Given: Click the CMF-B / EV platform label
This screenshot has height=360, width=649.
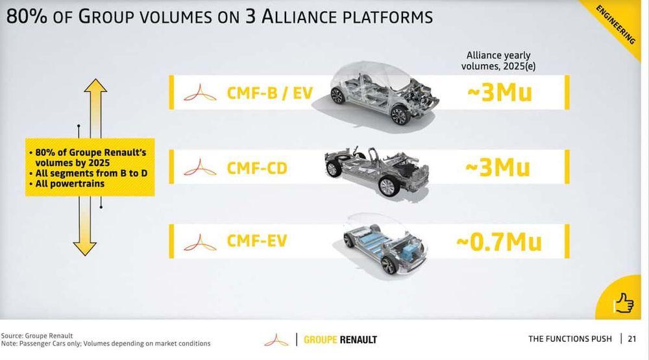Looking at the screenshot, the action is [269, 93].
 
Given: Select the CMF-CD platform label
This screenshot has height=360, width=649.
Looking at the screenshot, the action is [257, 169].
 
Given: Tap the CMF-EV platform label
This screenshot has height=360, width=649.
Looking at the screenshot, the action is [257, 241].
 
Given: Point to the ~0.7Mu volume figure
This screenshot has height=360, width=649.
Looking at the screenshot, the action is [498, 242].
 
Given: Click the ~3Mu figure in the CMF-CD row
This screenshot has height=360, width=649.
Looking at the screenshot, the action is [498, 167].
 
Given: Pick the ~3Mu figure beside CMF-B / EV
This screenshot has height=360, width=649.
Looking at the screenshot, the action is [500, 92].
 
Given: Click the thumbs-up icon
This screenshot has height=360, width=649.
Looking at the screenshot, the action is [624, 304].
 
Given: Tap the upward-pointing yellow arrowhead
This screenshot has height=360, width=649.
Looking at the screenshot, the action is [95, 86].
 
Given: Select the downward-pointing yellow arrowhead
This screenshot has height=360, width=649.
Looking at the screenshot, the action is [85, 248].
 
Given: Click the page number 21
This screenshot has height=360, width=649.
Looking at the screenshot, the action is [631, 339].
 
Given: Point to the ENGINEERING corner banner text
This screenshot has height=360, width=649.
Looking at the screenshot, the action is [615, 25].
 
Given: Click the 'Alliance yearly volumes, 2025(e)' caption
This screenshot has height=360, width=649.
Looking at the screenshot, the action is [498, 61].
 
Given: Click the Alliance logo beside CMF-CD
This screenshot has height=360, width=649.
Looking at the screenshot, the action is [200, 167].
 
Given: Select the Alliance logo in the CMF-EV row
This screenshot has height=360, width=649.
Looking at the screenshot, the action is [200, 243].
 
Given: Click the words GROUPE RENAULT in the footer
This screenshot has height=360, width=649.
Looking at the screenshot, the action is [340, 340].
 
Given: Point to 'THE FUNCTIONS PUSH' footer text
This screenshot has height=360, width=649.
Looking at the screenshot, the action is [570, 339].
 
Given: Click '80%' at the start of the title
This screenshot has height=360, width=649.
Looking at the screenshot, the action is [27, 17].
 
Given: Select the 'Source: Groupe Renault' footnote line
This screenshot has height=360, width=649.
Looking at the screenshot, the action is [37, 335].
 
